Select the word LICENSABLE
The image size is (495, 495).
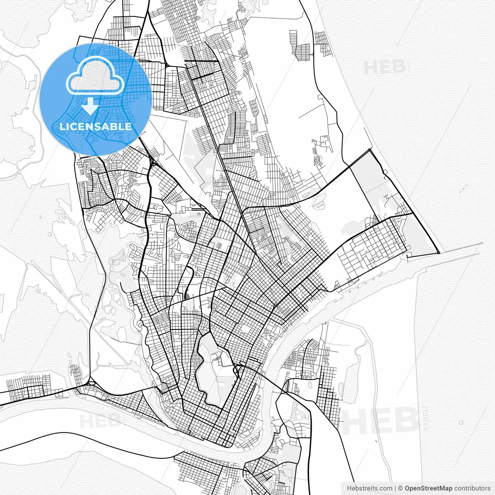pos(96,126)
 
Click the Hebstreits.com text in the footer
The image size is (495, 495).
pos(369,488)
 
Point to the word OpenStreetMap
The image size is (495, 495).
pos(428,488)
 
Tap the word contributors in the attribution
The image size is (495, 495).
pos(472,488)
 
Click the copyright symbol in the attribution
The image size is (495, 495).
pos(401,488)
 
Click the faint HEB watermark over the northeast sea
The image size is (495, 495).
pos(385,67)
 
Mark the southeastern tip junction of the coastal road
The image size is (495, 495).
pos(439,253)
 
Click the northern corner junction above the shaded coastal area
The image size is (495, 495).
pos(370,150)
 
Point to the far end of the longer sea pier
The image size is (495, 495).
pos(482,243)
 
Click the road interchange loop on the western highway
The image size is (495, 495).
pos(91,382)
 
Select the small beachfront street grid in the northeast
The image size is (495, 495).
pos(322,43)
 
